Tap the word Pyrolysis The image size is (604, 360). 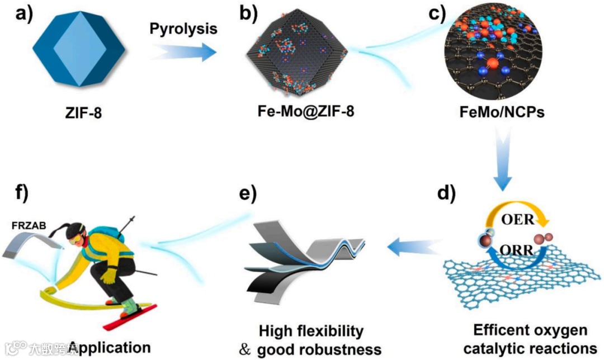[x=183, y=29]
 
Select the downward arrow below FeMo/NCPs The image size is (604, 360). [x=505, y=162]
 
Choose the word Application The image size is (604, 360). [x=109, y=347]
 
